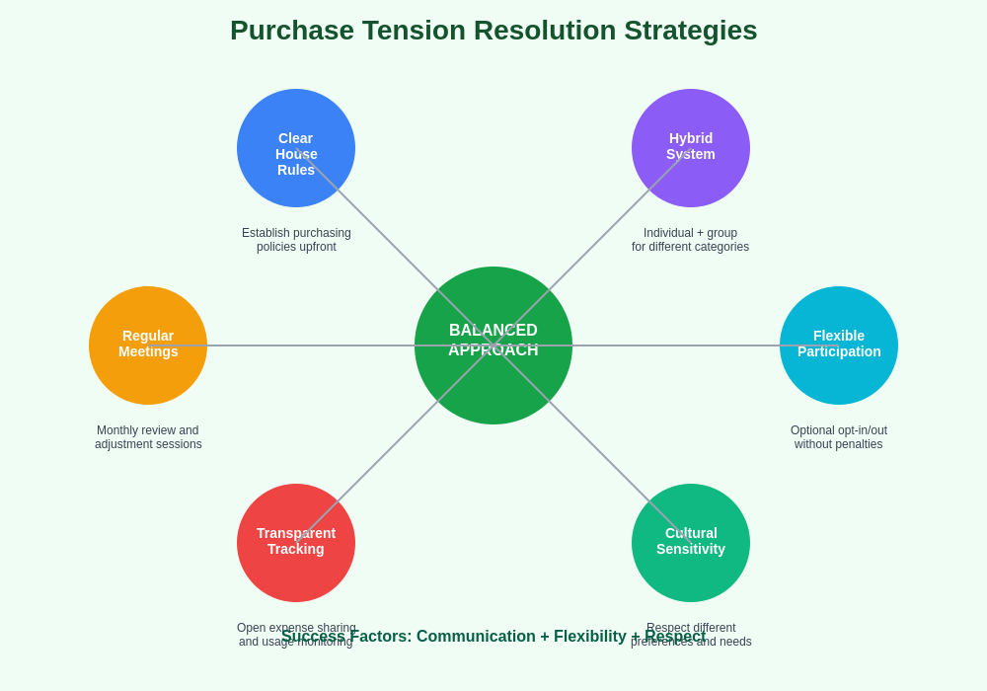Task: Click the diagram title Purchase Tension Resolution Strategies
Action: [x=493, y=31]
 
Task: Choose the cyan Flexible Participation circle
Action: [x=839, y=380]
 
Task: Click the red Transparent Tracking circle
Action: [x=296, y=577]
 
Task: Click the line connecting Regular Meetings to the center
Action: [x=311, y=345]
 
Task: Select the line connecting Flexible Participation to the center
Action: [x=676, y=345]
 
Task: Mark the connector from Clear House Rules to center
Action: [x=385, y=237]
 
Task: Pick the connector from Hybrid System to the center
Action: [x=602, y=237]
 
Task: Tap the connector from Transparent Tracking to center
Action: [x=385, y=454]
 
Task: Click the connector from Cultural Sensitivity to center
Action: [x=602, y=454]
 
